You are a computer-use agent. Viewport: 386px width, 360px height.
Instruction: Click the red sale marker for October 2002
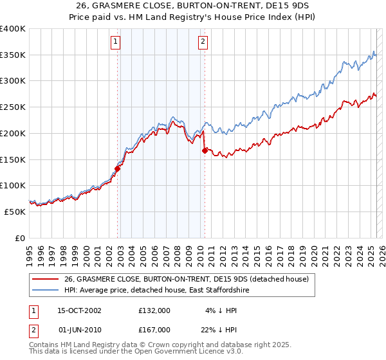[118, 169]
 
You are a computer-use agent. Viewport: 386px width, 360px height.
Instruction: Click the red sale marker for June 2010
[205, 150]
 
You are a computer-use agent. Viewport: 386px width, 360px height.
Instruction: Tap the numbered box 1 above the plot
[115, 42]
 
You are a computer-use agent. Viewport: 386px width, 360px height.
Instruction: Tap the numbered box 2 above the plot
[203, 42]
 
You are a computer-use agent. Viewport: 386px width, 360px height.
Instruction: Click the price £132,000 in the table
[154, 310]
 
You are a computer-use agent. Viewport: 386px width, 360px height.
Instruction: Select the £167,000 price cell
[154, 329]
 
